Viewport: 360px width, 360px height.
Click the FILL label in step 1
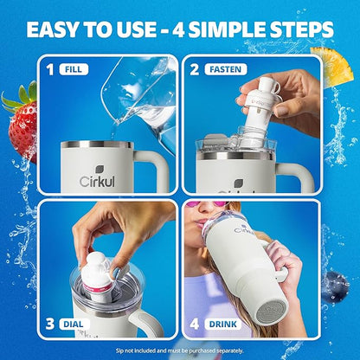74,69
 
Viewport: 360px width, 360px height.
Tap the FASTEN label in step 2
226,69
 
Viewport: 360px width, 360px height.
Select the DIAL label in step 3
73,324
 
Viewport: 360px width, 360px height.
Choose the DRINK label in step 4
223,324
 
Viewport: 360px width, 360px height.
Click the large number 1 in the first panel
50,69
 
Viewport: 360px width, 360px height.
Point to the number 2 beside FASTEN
195,69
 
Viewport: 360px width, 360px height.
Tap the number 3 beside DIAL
49,324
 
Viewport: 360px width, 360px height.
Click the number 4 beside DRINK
195,324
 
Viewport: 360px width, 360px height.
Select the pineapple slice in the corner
336,67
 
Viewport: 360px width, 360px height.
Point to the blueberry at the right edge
335,286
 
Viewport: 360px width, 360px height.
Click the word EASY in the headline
52,29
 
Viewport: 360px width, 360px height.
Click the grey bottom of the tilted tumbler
272,312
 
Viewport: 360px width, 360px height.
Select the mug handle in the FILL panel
152,170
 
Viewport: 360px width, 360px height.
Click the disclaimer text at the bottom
180,350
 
